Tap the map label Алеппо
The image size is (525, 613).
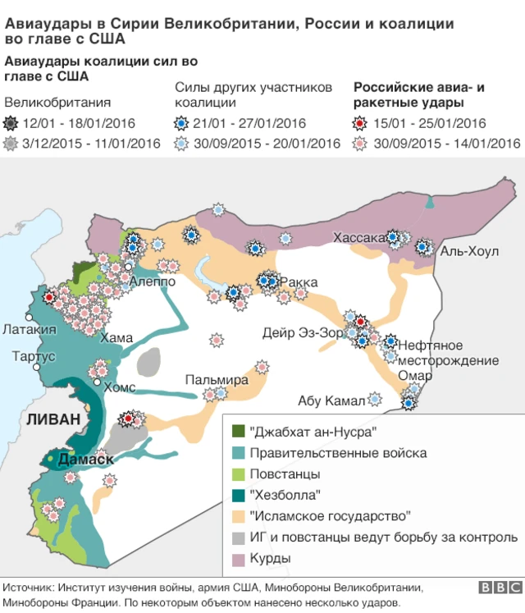(x=152, y=281)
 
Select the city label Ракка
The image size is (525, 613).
(x=299, y=282)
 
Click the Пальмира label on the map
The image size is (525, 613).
(x=216, y=380)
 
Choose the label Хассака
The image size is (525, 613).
(x=359, y=237)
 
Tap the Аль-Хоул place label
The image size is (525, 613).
(x=469, y=251)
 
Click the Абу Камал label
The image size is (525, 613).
(x=331, y=400)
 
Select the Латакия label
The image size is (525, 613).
(x=30, y=329)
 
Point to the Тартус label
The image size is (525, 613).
(x=34, y=356)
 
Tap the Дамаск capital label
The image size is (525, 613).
(x=86, y=460)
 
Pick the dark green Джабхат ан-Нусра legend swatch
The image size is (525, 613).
(x=239, y=431)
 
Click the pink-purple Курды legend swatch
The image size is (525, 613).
(x=239, y=559)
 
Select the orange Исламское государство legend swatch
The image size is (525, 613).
(x=239, y=516)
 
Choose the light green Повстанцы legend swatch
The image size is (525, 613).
(x=239, y=473)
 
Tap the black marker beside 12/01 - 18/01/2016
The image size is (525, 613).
(x=11, y=124)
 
